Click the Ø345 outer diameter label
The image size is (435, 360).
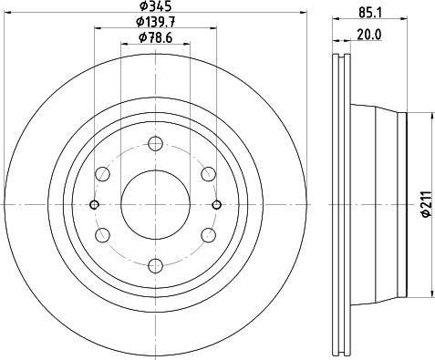tap(156, 5)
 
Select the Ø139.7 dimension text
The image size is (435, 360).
tap(156, 22)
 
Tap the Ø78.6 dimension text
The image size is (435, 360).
tap(156, 38)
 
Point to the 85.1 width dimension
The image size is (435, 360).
tap(370, 13)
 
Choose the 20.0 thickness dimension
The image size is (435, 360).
tap(369, 35)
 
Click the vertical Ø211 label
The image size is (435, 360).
tap(427, 204)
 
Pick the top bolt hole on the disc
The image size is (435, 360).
tap(155, 144)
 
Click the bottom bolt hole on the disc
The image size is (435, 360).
tap(155, 266)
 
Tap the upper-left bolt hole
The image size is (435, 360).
tap(102, 174)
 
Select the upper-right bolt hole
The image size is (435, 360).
tap(209, 174)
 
